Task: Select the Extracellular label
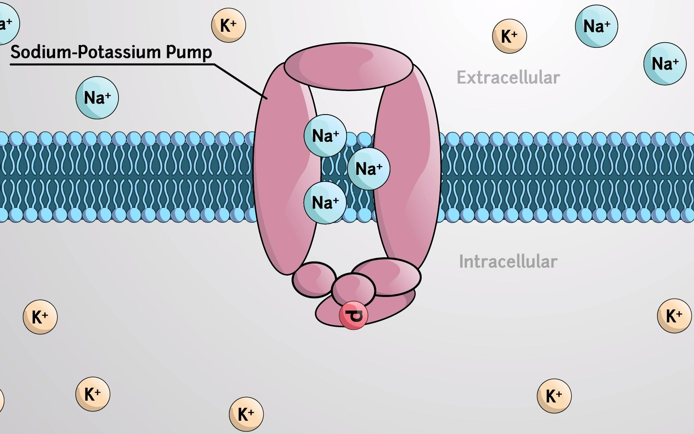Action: point(508,78)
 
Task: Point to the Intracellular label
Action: point(508,262)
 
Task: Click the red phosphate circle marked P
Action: point(353,316)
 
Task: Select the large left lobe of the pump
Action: point(283,169)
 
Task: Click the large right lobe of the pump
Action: point(408,169)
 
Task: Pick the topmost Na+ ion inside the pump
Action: point(325,136)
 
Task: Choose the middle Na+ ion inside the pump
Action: point(369,169)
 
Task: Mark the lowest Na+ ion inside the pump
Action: point(325,203)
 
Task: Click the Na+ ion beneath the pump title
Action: point(97,98)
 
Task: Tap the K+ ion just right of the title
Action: point(229,25)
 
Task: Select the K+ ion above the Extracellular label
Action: point(509,36)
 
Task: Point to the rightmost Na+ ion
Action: point(665,63)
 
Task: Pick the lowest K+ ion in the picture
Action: point(246,414)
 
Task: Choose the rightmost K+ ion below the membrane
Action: point(674,316)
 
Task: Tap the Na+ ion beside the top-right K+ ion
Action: point(596,27)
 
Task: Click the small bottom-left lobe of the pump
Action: point(314,279)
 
